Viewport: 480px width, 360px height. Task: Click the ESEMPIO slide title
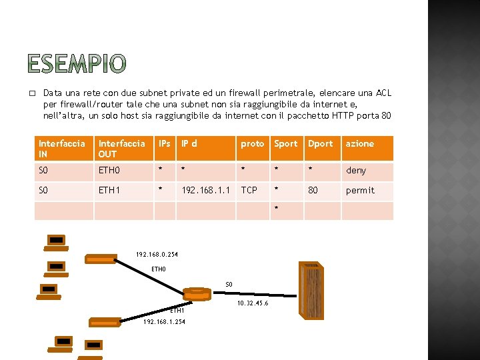[77, 64]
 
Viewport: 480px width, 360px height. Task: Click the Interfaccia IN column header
[62, 148]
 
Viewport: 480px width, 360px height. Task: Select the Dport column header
[321, 143]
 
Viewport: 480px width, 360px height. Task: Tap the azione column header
[360, 143]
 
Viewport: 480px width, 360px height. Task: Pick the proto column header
[253, 143]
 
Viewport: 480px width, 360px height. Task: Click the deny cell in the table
[356, 170]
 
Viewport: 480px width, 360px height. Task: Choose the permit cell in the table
[360, 190]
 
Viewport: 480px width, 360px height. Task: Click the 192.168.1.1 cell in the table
[206, 190]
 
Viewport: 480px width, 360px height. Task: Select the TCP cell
[249, 190]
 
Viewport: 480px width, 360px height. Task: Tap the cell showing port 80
[313, 190]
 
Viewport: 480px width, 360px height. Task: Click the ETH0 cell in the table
[110, 170]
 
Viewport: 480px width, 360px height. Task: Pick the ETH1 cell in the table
[110, 190]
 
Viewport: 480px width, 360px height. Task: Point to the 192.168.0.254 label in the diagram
[157, 254]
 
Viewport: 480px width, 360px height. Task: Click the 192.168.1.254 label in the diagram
[165, 321]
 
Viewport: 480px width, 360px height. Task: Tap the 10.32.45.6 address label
[253, 303]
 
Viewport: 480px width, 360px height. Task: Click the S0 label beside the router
[229, 285]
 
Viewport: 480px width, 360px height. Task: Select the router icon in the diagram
[197, 294]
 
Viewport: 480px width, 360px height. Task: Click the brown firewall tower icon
[311, 292]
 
